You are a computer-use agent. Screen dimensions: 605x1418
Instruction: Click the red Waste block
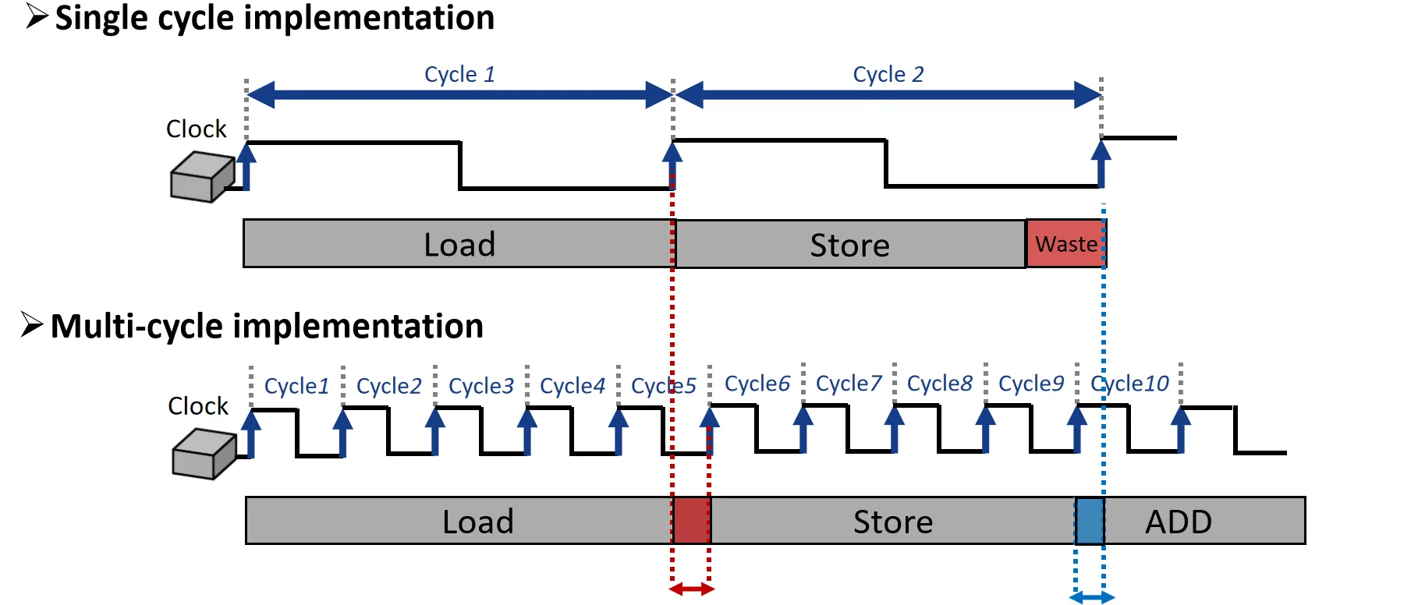pyautogui.click(x=1065, y=244)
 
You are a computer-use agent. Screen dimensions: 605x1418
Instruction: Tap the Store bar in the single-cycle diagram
pyautogui.click(x=849, y=245)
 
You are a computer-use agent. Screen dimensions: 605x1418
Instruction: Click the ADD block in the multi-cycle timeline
pyautogui.click(x=1204, y=521)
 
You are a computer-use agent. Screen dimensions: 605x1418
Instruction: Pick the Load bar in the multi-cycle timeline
pyautogui.click(x=458, y=521)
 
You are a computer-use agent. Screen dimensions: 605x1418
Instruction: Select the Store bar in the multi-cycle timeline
pyautogui.click(x=892, y=521)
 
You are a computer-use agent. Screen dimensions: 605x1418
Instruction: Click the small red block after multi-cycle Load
pyautogui.click(x=691, y=521)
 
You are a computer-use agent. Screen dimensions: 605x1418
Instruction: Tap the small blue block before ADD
pyautogui.click(x=1090, y=521)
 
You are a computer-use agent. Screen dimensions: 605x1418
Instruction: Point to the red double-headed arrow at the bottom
pyautogui.click(x=692, y=589)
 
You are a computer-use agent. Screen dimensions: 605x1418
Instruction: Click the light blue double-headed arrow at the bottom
pyautogui.click(x=1091, y=598)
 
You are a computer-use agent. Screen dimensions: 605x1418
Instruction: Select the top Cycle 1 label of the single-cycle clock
pyautogui.click(x=459, y=74)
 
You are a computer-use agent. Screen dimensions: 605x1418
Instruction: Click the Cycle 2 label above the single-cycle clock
pyautogui.click(x=888, y=74)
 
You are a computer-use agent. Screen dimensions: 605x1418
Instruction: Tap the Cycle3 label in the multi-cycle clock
pyautogui.click(x=480, y=386)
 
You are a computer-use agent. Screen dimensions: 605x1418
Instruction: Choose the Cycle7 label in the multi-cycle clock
pyautogui.click(x=848, y=384)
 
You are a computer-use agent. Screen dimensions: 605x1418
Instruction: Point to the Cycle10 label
pyautogui.click(x=1129, y=384)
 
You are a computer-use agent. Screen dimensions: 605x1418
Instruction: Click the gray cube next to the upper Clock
pyautogui.click(x=201, y=177)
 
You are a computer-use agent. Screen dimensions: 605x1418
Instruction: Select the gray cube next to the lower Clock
pyautogui.click(x=203, y=454)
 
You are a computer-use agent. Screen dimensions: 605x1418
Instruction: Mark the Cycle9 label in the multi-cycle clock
pyautogui.click(x=1030, y=384)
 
